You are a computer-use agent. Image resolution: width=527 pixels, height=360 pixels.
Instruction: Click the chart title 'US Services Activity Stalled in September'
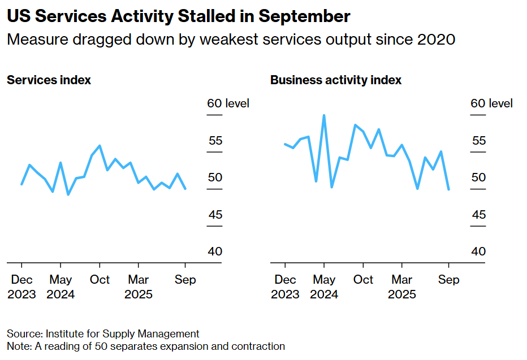coord(178,16)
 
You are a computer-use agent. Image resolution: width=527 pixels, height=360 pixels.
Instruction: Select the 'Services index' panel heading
coord(49,80)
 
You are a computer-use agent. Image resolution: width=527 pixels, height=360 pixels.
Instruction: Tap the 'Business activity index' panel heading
coord(335,80)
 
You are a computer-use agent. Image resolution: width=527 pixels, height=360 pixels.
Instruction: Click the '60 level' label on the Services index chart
coord(228,103)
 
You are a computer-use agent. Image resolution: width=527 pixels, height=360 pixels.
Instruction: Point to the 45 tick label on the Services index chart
coord(215,215)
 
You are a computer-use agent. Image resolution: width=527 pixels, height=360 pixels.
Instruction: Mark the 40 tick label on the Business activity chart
coord(478,251)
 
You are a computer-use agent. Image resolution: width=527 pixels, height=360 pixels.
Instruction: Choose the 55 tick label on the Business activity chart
coord(478,140)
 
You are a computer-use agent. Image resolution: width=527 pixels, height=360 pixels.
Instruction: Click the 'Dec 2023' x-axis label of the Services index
coord(21,287)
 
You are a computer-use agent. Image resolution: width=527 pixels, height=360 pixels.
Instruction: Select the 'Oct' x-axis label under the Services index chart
coord(100,280)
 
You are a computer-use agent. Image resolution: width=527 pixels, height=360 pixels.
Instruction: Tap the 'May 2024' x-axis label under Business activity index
coord(324,287)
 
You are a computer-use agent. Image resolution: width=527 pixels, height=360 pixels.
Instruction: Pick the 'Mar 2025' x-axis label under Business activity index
coord(401,287)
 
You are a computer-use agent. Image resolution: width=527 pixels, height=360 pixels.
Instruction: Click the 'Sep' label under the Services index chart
coord(185,280)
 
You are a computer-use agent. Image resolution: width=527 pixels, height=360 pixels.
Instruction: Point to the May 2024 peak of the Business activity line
coord(324,115)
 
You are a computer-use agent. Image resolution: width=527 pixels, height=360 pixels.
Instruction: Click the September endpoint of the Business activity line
coord(448,189)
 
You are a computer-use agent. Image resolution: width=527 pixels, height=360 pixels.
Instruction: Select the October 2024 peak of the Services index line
coord(100,146)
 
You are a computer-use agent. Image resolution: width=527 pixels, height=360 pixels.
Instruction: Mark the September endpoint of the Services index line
coord(185,188)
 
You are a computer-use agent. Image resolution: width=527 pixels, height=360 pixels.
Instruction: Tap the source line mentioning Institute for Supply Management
coord(103,333)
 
